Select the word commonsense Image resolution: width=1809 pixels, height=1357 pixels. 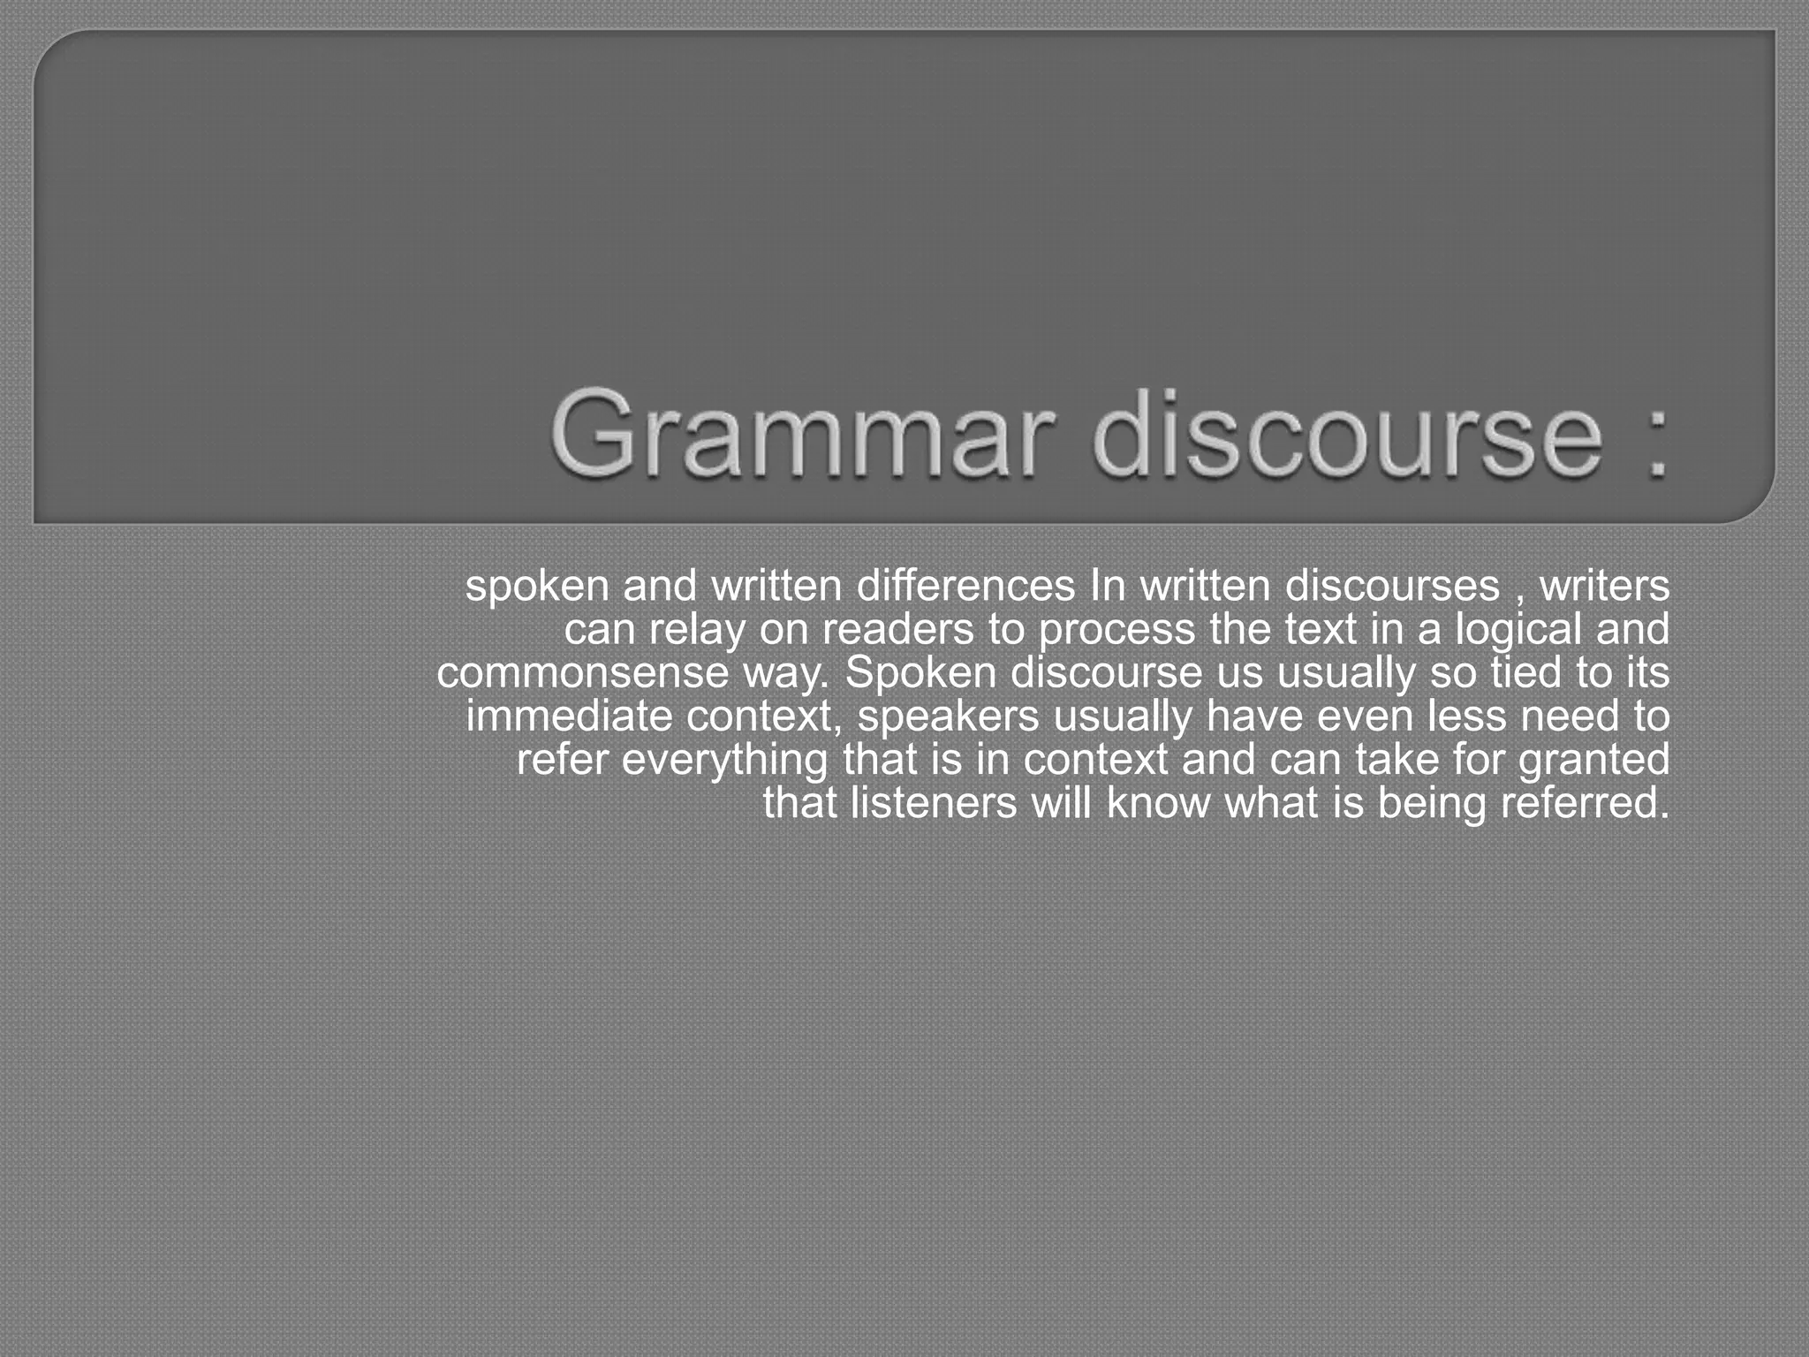pyautogui.click(x=582, y=672)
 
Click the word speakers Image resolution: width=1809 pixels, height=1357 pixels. pyautogui.click(x=948, y=716)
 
